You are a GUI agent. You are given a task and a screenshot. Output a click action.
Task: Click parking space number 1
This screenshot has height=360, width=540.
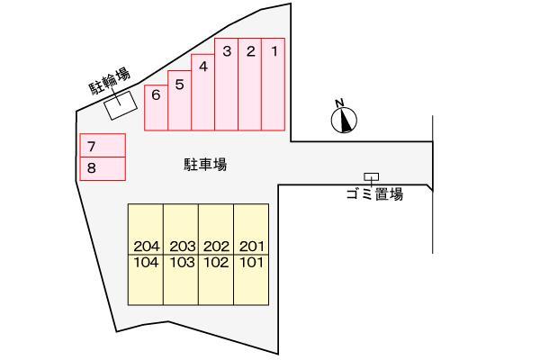tap(273, 84)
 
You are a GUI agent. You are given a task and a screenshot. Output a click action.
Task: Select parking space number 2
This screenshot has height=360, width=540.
tap(249, 84)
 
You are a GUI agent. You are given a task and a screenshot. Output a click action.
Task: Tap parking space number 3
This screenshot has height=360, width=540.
tap(226, 84)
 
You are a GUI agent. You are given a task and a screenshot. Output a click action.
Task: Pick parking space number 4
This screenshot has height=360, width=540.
tap(202, 93)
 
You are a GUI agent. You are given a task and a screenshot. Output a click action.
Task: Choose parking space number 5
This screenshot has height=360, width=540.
tap(179, 100)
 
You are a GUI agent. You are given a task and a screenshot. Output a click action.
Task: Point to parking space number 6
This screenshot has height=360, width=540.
tap(156, 108)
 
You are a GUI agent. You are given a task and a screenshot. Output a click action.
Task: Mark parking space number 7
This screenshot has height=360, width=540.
tap(103, 146)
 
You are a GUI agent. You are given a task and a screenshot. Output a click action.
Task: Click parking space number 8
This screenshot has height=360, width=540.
tap(103, 168)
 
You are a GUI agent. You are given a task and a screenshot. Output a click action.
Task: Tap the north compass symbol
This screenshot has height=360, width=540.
tap(344, 118)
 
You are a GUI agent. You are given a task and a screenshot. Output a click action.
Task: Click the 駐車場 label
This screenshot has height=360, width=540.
tap(205, 165)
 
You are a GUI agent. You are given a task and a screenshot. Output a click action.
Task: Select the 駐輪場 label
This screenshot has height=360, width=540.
tap(110, 81)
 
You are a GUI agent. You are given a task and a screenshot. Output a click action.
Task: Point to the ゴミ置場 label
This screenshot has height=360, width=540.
tap(374, 194)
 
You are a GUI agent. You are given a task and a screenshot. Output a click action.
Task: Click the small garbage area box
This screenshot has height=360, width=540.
tap(371, 176)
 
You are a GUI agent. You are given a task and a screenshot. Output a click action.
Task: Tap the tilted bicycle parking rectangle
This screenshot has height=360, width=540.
tap(121, 105)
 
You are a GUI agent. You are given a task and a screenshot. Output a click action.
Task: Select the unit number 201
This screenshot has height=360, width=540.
tap(252, 247)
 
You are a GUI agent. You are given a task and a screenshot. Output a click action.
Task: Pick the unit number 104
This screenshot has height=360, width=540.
tap(147, 263)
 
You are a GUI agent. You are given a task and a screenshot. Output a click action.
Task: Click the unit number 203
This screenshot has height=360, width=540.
tap(182, 247)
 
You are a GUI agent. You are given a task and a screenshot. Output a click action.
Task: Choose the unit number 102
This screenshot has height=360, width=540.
tap(216, 263)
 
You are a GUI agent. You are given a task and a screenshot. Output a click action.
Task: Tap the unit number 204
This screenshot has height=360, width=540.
tap(147, 247)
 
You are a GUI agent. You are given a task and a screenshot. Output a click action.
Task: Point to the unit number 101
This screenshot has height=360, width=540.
tap(252, 263)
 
